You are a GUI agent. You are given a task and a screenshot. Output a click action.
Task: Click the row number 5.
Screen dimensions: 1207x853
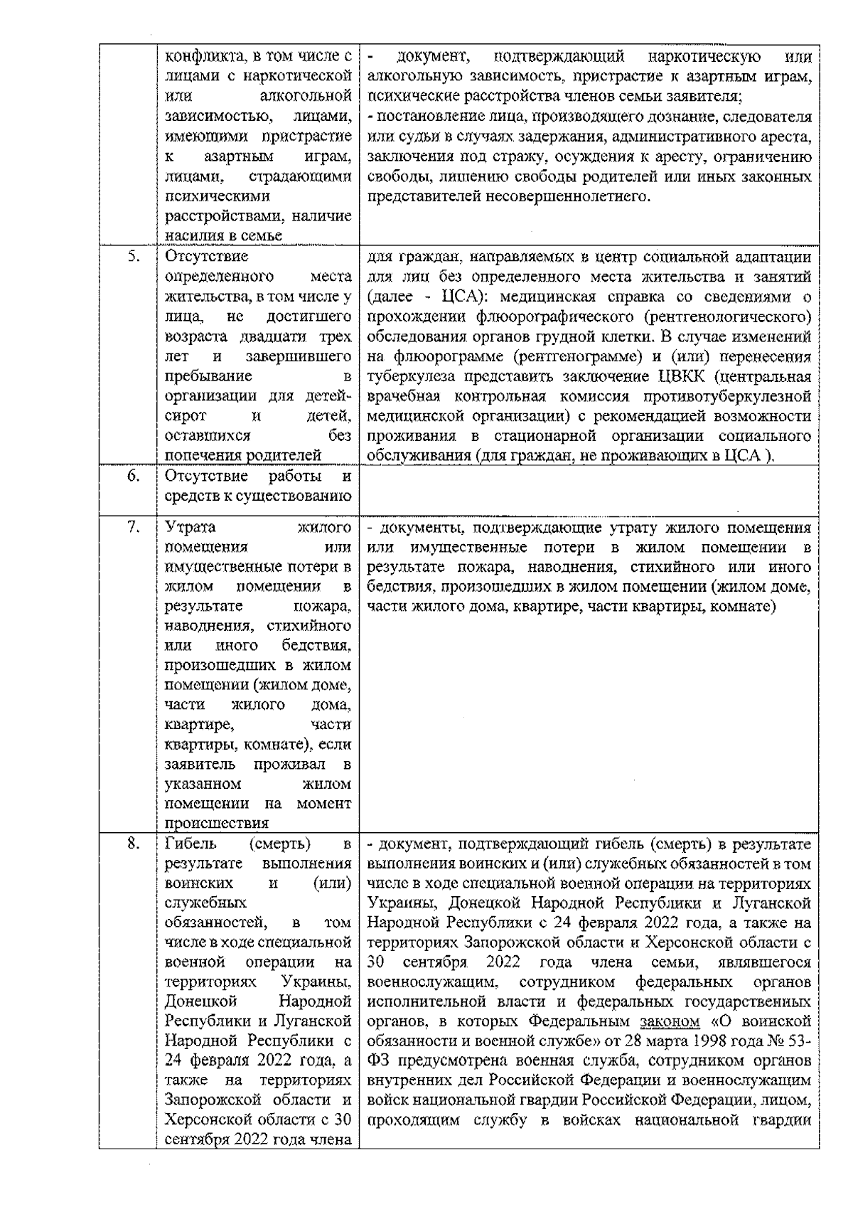coord(133,257)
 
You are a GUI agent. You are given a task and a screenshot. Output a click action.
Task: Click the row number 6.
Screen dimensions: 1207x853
coord(133,476)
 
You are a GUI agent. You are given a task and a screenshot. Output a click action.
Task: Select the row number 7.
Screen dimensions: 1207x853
coord(133,528)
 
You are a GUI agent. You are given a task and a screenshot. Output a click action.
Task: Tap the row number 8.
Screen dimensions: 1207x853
coord(133,844)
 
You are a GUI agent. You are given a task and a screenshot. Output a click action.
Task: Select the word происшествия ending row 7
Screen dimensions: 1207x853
coord(207,824)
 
